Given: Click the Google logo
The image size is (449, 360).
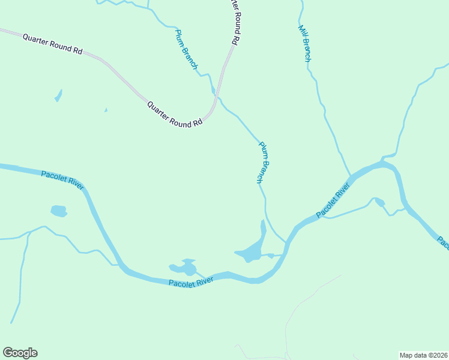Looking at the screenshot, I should tap(20, 353).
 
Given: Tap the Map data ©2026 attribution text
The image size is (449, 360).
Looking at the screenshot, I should tap(423, 355).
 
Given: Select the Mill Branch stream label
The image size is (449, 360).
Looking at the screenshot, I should tap(305, 43).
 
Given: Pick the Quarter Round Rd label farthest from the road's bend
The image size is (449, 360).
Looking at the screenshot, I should tap(52, 44).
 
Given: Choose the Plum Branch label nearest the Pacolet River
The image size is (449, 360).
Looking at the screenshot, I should tap(264, 162).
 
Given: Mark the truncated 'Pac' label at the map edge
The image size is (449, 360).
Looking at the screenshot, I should tap(443, 243).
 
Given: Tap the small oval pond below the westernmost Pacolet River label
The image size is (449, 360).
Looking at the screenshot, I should tap(59, 211).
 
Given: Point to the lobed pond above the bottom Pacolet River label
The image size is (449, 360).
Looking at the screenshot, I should tap(184, 267).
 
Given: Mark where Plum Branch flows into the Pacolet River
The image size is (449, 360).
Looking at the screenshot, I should tap(286, 242).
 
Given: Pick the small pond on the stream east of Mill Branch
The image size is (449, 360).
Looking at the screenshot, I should tap(379, 202).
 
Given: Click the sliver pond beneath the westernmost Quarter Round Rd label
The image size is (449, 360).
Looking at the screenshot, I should tap(58, 95).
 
